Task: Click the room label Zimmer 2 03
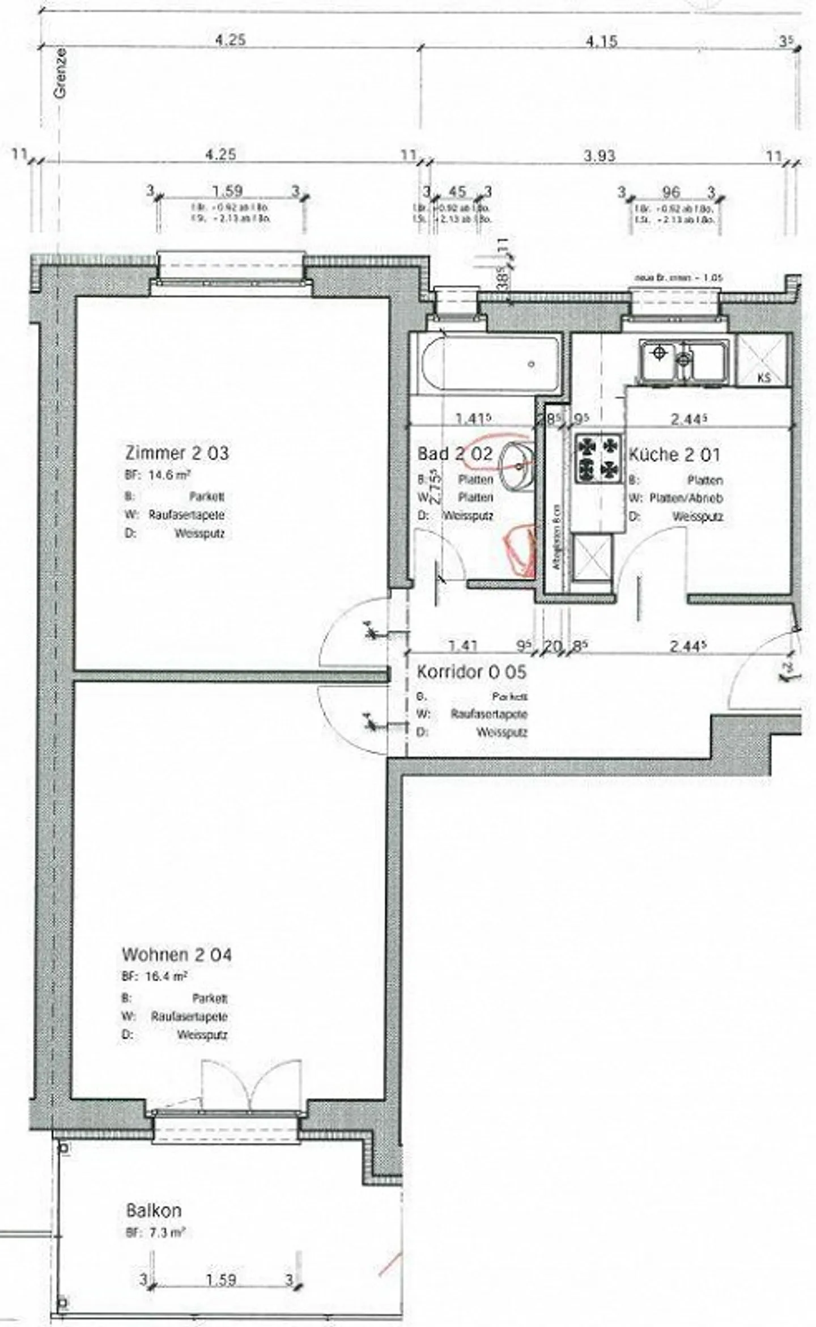click(x=177, y=453)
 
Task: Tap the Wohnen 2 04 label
click(x=177, y=955)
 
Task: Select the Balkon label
click(x=154, y=1211)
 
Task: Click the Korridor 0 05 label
click(x=471, y=672)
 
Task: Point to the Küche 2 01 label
click(x=674, y=455)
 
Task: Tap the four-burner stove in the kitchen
click(x=598, y=458)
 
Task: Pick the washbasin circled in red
click(x=517, y=464)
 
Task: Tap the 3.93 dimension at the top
click(x=600, y=155)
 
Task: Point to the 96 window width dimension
click(x=670, y=192)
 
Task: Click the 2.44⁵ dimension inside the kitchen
click(x=690, y=419)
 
